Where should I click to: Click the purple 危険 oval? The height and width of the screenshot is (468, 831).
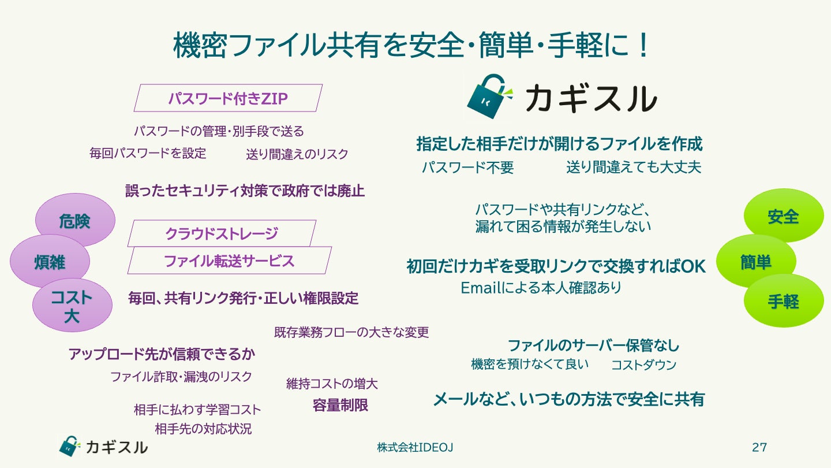[75, 220]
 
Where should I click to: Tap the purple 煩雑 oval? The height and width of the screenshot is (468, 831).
[50, 262]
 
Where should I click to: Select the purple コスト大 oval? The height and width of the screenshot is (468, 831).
[72, 306]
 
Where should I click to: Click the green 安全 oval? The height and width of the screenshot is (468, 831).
[783, 216]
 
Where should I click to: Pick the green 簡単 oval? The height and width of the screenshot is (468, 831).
[755, 262]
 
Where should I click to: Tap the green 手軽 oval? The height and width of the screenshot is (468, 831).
[783, 301]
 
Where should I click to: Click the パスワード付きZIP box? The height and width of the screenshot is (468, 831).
[228, 98]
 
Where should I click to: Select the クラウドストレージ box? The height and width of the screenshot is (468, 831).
[222, 233]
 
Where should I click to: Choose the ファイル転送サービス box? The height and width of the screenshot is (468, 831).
[229, 261]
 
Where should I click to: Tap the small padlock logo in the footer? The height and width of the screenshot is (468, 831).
[68, 446]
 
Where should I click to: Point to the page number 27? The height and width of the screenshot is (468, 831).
[759, 447]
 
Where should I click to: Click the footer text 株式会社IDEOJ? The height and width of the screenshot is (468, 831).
[410, 448]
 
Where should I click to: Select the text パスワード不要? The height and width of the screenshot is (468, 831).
[467, 168]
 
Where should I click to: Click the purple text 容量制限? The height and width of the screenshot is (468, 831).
[340, 405]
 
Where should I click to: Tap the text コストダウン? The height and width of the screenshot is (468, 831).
[643, 365]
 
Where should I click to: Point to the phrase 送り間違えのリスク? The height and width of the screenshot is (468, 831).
[297, 154]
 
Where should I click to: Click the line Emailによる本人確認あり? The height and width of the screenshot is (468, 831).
[541, 287]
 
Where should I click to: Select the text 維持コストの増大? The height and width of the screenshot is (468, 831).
[332, 384]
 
